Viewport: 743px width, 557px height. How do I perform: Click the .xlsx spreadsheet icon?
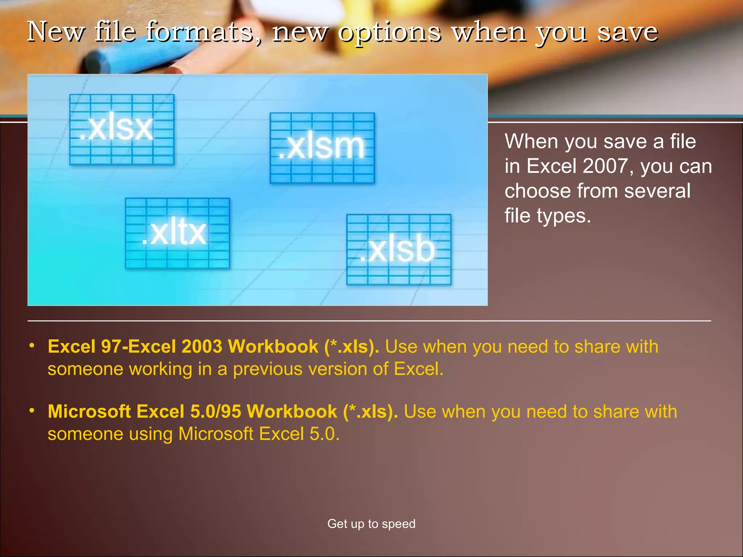click(122, 129)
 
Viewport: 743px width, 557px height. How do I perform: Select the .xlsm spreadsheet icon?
click(322, 148)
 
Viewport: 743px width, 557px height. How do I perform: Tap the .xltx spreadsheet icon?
click(177, 233)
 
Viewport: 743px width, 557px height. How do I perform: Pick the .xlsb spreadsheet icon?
click(399, 249)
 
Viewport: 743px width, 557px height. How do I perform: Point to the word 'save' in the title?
click(627, 32)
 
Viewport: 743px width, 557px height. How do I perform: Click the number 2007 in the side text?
click(605, 166)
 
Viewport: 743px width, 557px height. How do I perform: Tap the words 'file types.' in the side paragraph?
click(548, 216)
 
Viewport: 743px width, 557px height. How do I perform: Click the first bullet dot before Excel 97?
click(32, 345)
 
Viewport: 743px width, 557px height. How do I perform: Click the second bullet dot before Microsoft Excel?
click(32, 410)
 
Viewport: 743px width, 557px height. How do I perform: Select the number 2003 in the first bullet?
click(202, 346)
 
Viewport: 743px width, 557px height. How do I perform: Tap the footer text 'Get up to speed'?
click(371, 524)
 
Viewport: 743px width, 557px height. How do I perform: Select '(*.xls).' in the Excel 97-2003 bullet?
click(352, 346)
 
